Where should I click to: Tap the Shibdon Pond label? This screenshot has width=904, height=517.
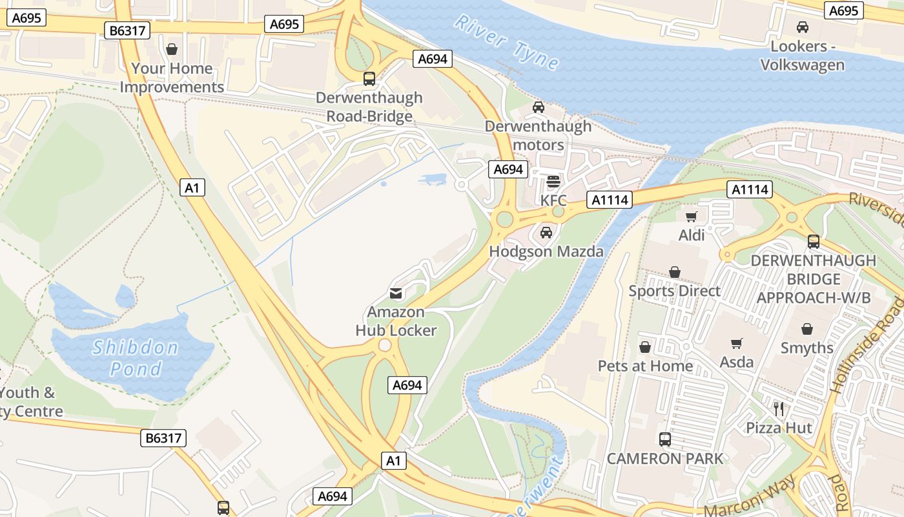point(135,358)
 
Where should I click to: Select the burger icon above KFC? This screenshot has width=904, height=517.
point(553,182)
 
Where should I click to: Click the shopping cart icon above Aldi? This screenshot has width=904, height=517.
point(692,216)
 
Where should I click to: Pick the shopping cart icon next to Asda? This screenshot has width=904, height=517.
point(737,343)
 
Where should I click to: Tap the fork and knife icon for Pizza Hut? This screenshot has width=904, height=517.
point(779,408)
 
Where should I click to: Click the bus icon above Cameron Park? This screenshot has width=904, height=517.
point(664,439)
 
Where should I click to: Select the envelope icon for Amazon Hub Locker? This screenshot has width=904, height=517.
point(396,293)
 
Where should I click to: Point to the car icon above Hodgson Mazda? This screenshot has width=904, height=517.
point(546,232)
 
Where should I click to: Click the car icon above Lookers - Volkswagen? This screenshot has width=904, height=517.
point(803,27)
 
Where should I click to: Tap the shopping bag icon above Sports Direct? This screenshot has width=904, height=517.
point(675,272)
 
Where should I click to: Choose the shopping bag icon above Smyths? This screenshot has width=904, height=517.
point(806,329)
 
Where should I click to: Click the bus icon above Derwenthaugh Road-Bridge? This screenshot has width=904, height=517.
point(369,79)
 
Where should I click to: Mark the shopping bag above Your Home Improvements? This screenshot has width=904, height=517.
point(172,49)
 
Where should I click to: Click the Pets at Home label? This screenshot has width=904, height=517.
point(645,366)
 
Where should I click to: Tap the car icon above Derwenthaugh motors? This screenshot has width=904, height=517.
point(538,107)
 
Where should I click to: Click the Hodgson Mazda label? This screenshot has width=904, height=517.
point(546,251)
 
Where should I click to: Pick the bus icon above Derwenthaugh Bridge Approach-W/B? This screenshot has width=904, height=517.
point(813,242)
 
